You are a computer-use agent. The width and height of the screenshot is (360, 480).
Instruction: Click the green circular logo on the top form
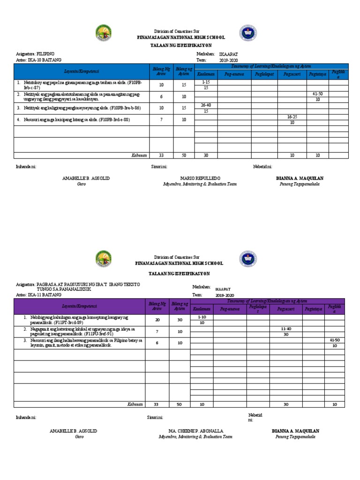click(104, 33)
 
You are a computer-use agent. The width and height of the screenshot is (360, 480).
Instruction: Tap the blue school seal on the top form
click(248, 33)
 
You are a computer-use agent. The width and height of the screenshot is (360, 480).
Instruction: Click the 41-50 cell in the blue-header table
click(317, 94)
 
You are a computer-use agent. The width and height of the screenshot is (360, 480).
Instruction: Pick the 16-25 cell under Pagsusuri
click(292, 117)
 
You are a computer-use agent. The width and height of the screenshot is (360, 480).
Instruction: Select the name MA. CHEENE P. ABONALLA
click(195, 431)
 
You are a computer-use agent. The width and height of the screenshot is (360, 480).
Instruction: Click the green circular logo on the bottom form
click(104, 259)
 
